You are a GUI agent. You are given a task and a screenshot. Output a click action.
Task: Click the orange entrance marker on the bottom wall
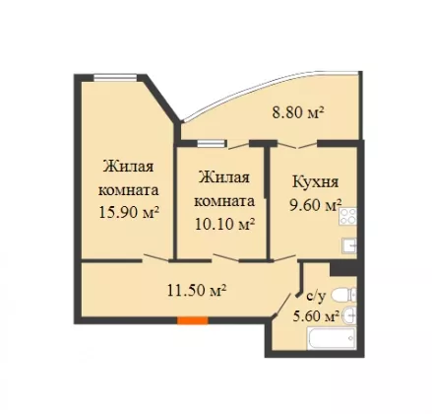193,320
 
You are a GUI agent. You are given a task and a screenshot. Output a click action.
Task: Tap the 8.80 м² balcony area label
298,113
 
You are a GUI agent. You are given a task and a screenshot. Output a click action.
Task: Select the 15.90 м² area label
129,213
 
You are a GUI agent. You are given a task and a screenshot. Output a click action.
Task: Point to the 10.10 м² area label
225,224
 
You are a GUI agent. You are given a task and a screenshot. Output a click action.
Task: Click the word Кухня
315,182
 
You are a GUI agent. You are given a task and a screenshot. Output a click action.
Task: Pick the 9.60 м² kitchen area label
314,205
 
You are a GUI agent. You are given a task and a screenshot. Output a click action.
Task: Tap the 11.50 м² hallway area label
197,290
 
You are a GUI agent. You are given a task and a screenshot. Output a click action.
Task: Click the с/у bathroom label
316,297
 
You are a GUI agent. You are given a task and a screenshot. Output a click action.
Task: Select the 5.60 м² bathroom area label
316,316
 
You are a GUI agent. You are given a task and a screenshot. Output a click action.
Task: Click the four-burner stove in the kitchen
348,217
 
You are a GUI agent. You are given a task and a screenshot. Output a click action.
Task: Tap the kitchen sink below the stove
349,245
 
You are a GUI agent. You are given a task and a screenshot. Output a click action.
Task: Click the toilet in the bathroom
343,295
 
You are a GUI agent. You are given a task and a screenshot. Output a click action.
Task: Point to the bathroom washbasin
349,315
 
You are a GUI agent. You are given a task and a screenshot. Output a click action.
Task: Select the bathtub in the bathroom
332,338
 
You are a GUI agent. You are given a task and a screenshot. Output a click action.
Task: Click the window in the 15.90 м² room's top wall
115,78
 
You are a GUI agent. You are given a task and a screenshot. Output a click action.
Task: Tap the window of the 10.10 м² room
212,144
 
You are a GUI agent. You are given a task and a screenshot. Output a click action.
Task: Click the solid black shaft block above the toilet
343,268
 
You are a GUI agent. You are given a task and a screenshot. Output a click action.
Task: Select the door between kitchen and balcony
298,145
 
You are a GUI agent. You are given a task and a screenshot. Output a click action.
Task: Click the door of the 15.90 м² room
155,259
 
